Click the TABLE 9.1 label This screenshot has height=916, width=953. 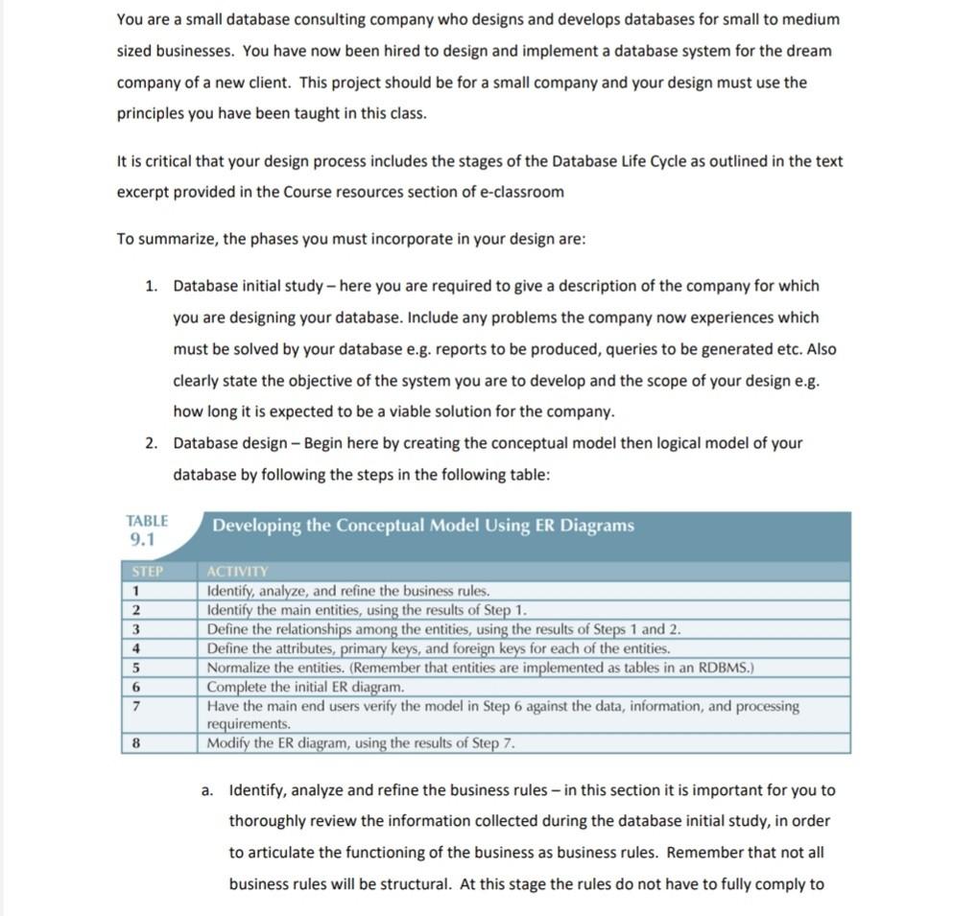[147, 528]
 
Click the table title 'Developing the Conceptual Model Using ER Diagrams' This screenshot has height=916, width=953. [423, 526]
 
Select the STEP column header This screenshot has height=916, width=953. [147, 572]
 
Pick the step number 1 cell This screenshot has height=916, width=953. [137, 591]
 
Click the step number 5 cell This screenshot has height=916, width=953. [137, 668]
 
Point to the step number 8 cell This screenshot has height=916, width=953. [137, 742]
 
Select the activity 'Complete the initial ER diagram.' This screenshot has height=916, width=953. [306, 687]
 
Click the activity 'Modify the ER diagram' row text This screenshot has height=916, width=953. [362, 742]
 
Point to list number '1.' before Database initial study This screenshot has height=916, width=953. [152, 286]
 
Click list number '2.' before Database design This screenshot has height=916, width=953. [152, 443]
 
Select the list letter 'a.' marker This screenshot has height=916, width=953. [207, 790]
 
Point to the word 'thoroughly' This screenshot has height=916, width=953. [266, 821]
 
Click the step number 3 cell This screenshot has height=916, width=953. [137, 629]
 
